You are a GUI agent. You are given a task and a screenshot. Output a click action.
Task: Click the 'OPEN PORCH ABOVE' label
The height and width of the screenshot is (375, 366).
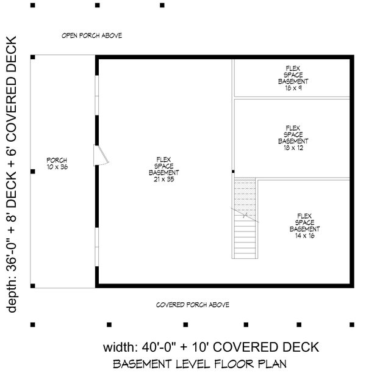pos(92,35)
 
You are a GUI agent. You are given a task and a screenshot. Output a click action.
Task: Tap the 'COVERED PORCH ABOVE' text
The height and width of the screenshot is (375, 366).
pos(192,304)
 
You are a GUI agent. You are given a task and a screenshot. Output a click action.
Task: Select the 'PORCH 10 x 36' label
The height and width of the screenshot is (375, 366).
pos(56,163)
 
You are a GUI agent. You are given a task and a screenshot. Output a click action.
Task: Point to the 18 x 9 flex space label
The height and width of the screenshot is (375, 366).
pos(293,78)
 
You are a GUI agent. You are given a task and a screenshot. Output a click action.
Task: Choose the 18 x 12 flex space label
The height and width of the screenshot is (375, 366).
pos(293,137)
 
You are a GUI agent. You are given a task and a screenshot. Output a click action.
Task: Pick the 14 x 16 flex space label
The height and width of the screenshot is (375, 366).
pos(304,225)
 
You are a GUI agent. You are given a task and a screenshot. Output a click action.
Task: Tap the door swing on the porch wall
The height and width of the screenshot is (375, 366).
pos(101,156)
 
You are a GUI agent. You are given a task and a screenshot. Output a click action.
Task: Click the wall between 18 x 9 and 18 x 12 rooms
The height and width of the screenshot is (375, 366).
pos(292,96)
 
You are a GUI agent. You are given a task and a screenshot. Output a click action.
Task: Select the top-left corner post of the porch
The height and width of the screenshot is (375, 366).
pos(32,57)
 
